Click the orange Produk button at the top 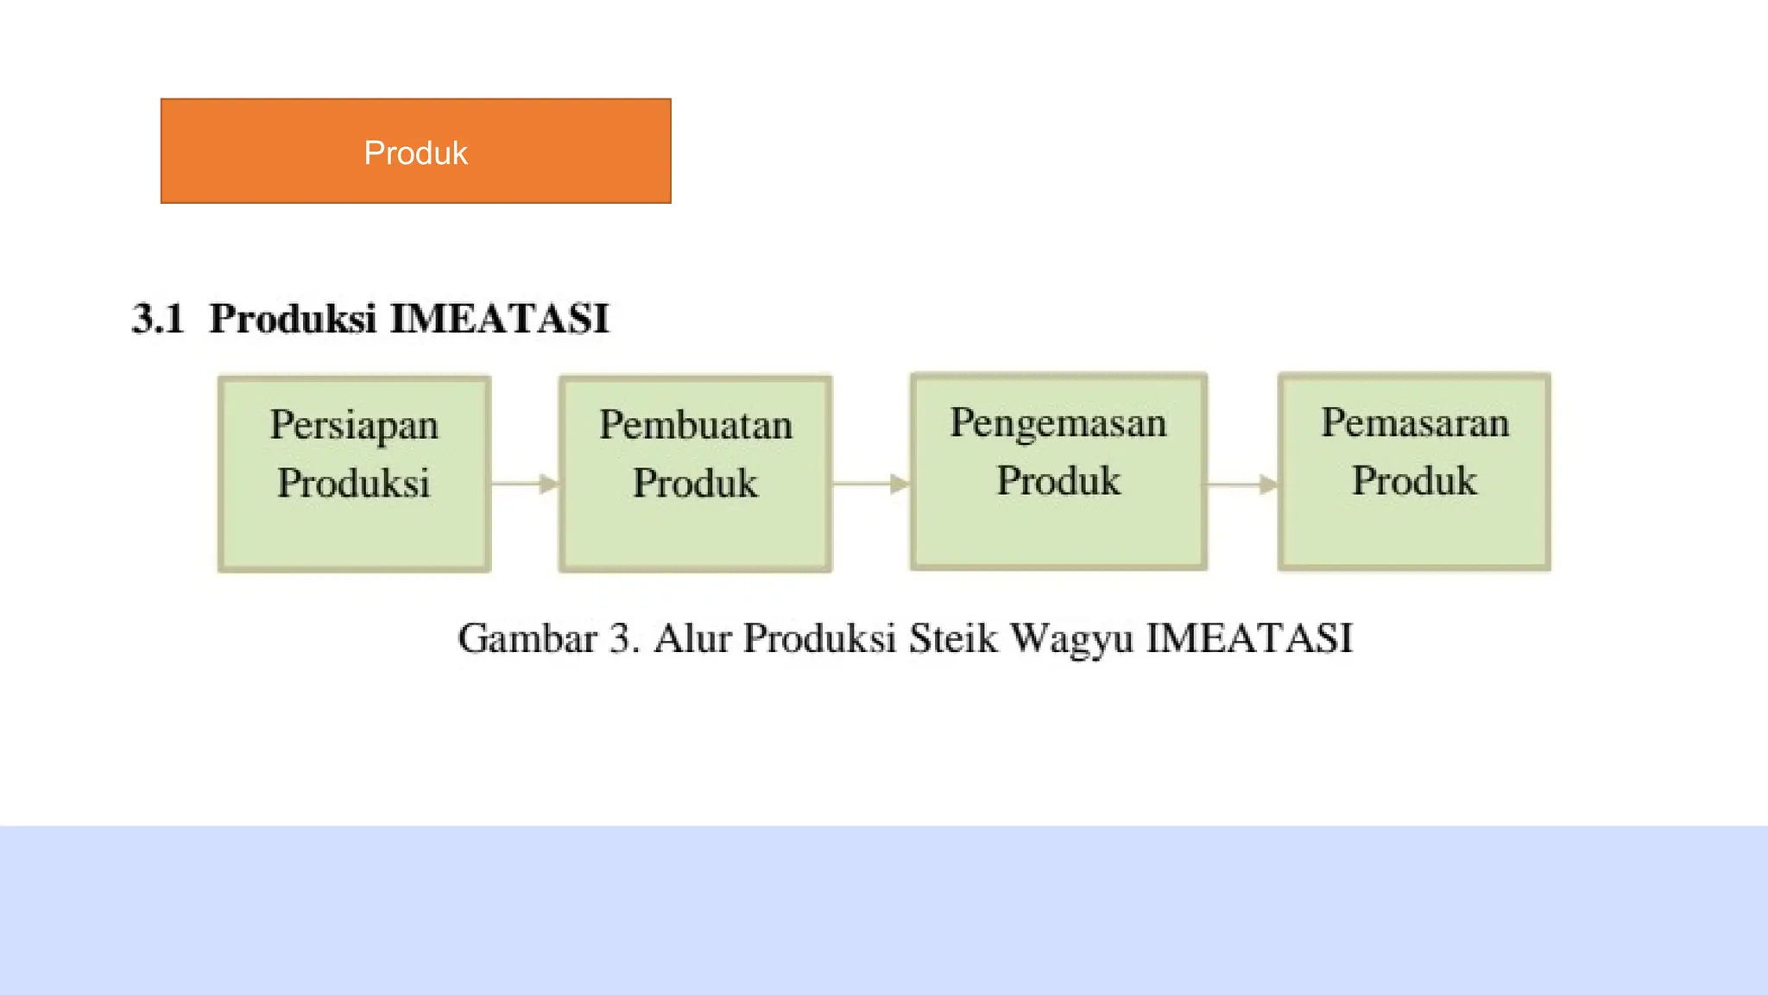(415, 151)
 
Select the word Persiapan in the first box (354, 425)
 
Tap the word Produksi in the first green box (353, 483)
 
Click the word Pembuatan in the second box (696, 425)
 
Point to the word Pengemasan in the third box (1058, 422)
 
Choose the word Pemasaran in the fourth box (1415, 422)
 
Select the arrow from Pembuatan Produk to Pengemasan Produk (871, 484)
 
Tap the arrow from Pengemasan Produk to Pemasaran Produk (1242, 485)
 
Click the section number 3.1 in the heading (158, 319)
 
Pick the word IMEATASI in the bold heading (500, 319)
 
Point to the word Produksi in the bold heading (293, 319)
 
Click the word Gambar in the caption (527, 639)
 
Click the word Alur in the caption (692, 639)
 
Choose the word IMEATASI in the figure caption (1249, 639)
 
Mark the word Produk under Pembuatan (696, 483)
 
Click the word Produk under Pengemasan (1058, 481)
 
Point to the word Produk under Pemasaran (1414, 481)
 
